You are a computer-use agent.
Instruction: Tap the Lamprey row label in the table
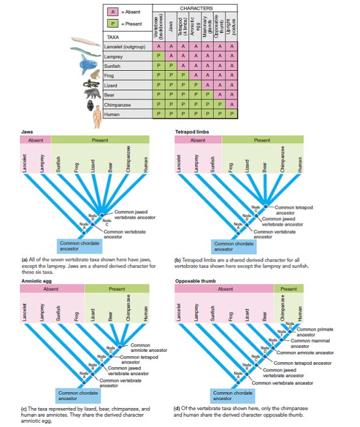[x=115, y=56]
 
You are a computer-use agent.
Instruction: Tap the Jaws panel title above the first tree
[x=27, y=131]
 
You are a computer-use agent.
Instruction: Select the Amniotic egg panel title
[x=36, y=280]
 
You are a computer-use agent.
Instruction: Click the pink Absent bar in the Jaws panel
[x=36, y=140]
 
